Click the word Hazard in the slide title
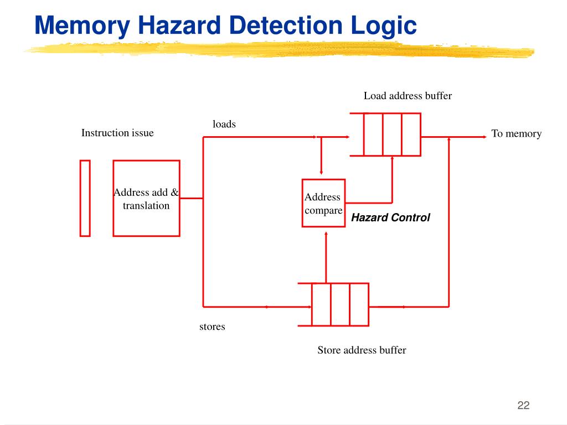pos(179,25)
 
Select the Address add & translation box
pos(146,199)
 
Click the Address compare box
pos(323,203)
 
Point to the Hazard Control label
pos(390,217)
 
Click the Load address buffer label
pos(408,96)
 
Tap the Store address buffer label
pos(362,350)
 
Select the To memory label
pos(517,134)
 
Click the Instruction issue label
pos(117,133)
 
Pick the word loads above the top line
pos(224,124)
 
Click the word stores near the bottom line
pos(212,326)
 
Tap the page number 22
pos(523,405)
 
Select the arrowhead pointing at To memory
pos(484,137)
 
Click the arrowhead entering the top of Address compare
pos(321,173)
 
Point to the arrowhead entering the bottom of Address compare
pos(326,234)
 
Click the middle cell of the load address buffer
pos(393,134)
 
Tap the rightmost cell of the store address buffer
pos(359,305)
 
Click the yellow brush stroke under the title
pos(279,50)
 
